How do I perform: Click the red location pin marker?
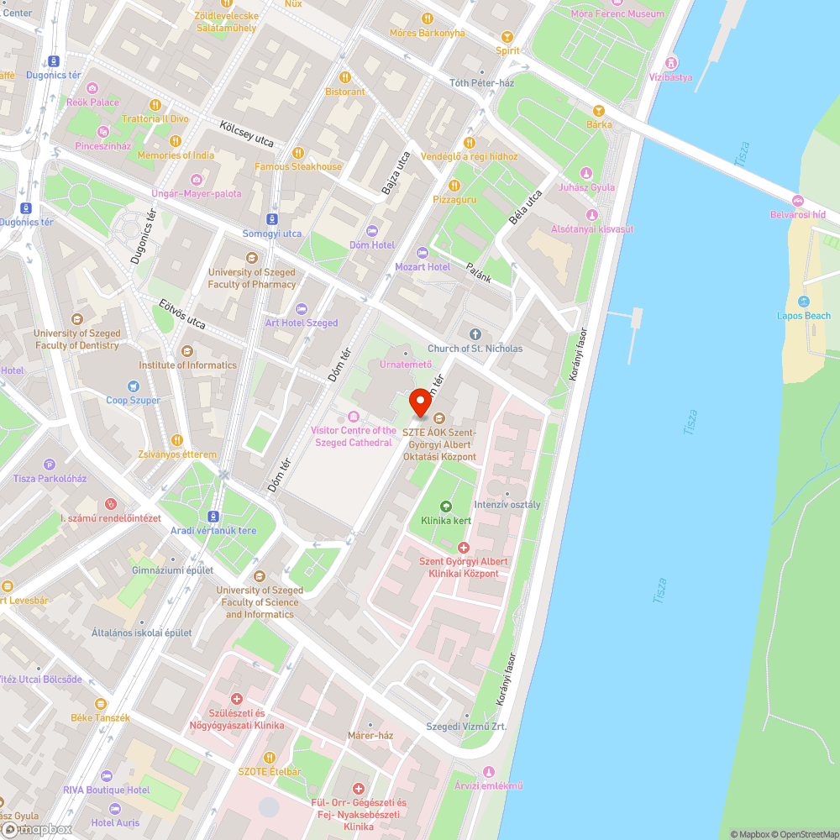[x=421, y=403]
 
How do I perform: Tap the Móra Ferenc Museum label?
[x=617, y=14]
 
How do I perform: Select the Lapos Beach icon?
[x=804, y=302]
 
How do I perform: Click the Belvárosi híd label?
[x=805, y=215]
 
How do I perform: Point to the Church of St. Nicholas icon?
[x=475, y=334]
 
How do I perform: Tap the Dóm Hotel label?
[x=372, y=245]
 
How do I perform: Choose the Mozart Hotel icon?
[x=423, y=253]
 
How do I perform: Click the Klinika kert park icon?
[x=445, y=506]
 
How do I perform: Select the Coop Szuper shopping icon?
[x=133, y=386]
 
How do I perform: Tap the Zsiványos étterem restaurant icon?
[x=176, y=440]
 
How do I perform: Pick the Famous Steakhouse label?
[x=298, y=166]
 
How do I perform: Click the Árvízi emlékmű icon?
[x=488, y=772]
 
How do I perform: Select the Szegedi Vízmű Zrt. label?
[x=466, y=727]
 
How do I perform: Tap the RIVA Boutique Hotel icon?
[x=106, y=775]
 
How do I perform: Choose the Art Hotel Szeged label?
[x=302, y=323]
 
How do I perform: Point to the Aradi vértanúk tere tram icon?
[x=213, y=517]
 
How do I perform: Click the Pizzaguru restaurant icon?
[x=454, y=185]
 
